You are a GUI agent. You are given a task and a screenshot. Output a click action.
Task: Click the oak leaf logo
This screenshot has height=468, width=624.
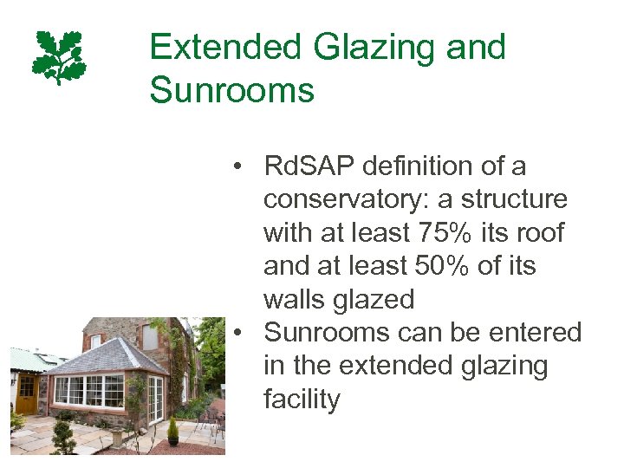pyautogui.click(x=59, y=57)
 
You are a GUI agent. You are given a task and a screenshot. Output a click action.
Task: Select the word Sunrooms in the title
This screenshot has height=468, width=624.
pyautogui.click(x=231, y=89)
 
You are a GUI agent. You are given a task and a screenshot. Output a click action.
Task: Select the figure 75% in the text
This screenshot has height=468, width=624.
pyautogui.click(x=431, y=232)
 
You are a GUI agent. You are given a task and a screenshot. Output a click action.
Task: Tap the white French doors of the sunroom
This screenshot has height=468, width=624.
pyautogui.click(x=155, y=398)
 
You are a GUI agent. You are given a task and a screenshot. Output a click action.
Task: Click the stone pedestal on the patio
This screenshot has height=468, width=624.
pyautogui.click(x=116, y=436)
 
